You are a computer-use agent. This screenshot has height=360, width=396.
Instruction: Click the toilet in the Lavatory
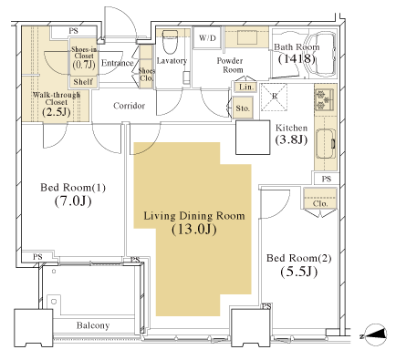click(170, 42)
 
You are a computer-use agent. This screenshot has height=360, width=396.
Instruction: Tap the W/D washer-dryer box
click(207, 37)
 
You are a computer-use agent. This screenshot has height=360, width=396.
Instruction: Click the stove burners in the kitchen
click(325, 99)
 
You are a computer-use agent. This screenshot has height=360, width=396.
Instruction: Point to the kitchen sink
click(326, 144)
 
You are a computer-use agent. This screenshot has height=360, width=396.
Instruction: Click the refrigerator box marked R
click(274, 97)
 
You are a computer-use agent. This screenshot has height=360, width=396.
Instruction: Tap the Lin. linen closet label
click(246, 87)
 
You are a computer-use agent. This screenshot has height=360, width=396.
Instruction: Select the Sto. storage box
click(243, 108)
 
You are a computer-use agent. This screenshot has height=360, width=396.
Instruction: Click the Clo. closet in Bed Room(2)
click(320, 198)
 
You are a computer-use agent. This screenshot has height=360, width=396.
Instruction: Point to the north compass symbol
click(376, 334)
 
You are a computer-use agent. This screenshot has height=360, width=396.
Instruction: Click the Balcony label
click(93, 325)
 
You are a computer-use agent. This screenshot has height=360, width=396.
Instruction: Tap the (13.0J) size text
click(194, 230)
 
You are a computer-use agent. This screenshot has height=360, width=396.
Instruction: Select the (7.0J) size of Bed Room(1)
click(73, 201)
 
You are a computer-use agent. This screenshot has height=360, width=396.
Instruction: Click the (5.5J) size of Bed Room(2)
click(299, 272)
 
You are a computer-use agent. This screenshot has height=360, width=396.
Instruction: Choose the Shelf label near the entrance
click(83, 82)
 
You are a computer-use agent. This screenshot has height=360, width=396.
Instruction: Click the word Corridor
click(129, 106)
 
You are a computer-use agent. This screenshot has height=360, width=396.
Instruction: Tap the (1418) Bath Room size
click(297, 58)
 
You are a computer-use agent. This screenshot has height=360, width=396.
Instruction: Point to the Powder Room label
click(230, 65)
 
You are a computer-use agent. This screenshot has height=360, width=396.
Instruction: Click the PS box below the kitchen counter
click(326, 179)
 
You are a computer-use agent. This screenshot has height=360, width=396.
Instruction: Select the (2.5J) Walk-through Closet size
click(57, 112)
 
